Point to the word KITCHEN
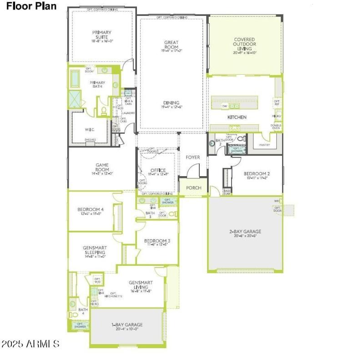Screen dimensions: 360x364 point(237,117)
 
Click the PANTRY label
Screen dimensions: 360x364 point(265,145)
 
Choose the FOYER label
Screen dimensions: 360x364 point(193,157)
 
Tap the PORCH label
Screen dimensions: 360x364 point(193,188)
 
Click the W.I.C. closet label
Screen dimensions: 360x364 point(90,129)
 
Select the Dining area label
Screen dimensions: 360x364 point(172,105)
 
